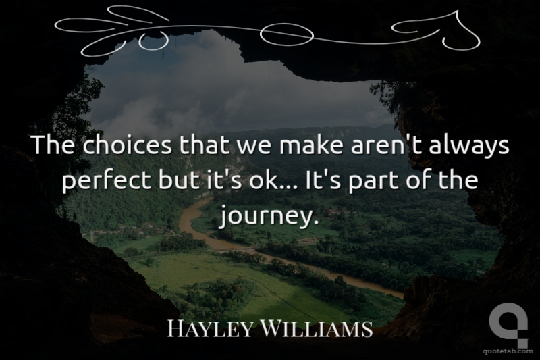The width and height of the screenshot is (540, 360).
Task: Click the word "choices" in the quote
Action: click(x=127, y=145)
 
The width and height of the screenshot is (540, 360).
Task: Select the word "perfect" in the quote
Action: click(x=107, y=180)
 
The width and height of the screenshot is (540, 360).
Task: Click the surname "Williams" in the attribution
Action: click(x=317, y=328)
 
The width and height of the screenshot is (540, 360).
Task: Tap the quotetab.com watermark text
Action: click(x=508, y=351)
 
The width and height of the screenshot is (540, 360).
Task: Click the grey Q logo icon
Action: click(x=508, y=324)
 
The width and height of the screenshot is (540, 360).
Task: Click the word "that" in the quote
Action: click(x=204, y=145)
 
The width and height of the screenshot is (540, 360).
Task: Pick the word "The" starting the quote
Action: click(x=53, y=145)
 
